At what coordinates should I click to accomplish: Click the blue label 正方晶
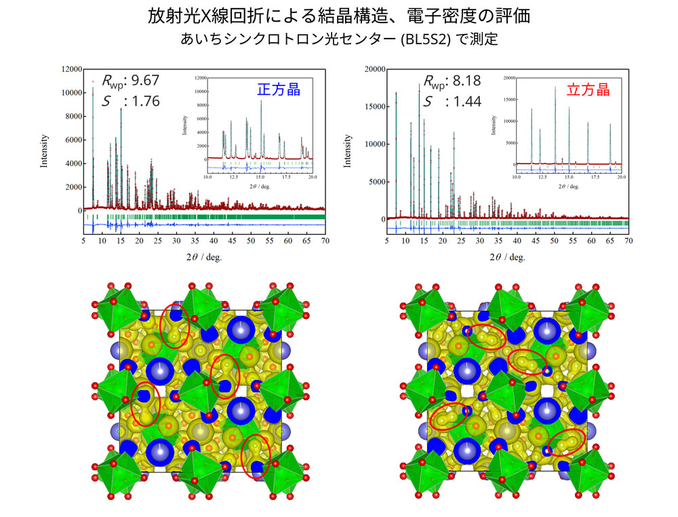278,89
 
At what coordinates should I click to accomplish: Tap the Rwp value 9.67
145,80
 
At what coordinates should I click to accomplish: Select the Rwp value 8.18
466,81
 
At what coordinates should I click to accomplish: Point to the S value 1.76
145,101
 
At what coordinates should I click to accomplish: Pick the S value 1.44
466,102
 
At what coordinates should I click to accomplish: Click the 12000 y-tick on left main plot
71,69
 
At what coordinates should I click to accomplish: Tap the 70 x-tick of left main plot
325,241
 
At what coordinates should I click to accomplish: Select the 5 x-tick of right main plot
386,241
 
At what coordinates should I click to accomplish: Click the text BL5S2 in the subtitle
421,39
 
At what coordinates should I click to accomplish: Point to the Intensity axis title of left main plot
44,151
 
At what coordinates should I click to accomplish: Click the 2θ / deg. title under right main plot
507,256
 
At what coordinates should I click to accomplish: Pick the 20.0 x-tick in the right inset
620,177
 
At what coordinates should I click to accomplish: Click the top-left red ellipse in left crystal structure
175,330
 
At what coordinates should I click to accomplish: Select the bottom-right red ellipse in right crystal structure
567,443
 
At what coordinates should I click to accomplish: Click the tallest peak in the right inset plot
555,88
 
